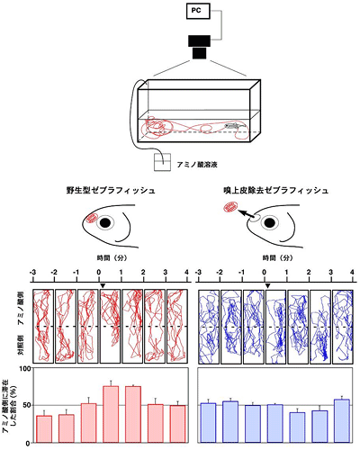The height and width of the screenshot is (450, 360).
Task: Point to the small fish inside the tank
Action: click(232, 127)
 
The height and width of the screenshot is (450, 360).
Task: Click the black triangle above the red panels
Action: click(103, 285)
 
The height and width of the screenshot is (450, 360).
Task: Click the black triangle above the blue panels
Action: click(266, 285)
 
